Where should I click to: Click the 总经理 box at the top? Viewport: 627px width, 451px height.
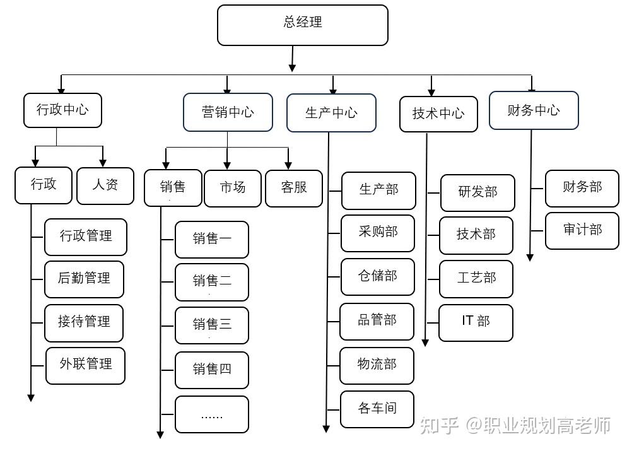303,25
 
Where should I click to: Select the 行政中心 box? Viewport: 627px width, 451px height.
63,110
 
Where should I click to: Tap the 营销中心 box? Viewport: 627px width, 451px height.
228,112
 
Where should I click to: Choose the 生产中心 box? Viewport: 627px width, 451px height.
332,113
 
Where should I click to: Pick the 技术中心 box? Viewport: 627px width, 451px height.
438,114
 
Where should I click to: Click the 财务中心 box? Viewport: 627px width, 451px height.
534,110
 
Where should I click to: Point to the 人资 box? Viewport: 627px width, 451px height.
105,186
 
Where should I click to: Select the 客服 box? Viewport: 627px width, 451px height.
294,189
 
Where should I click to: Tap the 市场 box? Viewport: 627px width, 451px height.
233,189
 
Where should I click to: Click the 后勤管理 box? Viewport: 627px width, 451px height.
84,279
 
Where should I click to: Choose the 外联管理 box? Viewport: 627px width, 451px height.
86,366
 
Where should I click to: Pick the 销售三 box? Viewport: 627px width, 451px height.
212,325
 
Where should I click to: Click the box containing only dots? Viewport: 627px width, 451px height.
212,414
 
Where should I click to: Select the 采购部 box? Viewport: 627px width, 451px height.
378,233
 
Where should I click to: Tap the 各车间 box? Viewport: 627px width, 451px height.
377,409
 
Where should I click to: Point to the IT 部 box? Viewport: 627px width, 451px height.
476,323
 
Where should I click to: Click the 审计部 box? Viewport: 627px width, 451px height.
582,231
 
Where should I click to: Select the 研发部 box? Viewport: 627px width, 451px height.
478,193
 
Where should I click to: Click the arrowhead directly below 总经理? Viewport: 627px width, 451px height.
292,67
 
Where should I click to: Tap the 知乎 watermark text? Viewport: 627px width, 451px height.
438,425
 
